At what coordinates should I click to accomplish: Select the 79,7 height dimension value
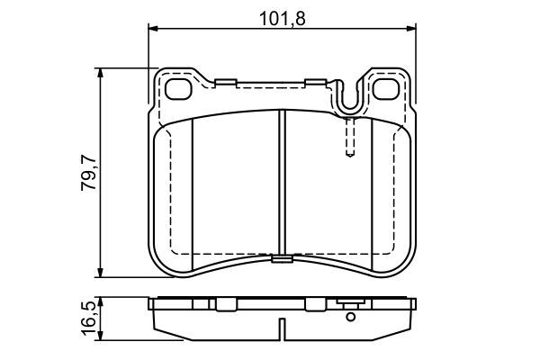(x=87, y=173)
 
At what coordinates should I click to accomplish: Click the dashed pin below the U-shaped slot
(x=349, y=139)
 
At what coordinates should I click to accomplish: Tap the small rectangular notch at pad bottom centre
(x=282, y=263)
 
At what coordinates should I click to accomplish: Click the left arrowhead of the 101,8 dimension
(x=153, y=30)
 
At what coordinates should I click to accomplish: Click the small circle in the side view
(x=349, y=315)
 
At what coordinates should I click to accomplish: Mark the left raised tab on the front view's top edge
(x=225, y=84)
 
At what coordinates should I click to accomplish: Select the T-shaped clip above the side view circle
(x=349, y=303)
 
